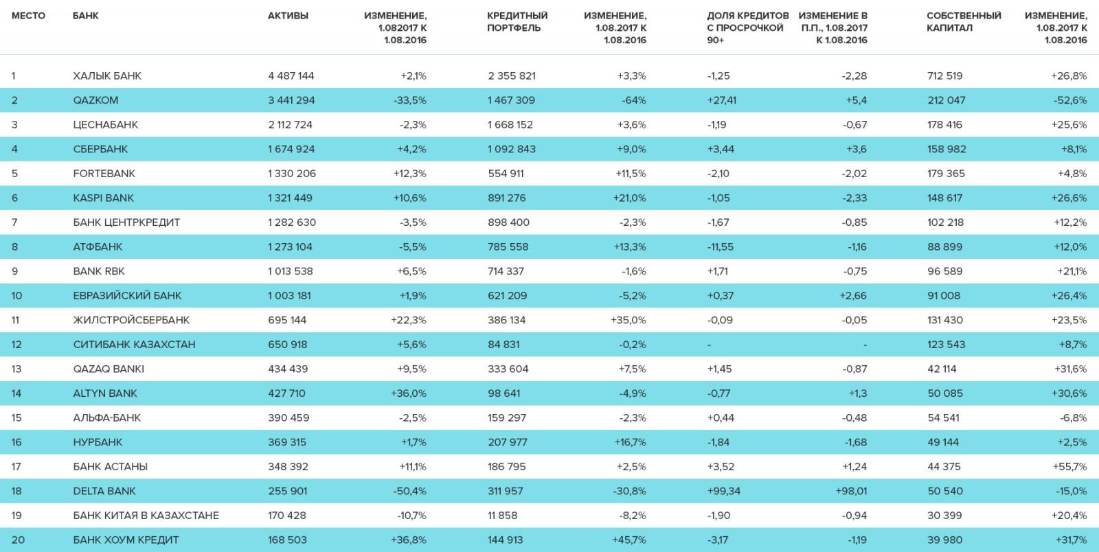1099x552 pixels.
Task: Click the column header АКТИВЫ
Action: click(288, 16)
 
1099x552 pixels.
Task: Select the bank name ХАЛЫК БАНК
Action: click(107, 76)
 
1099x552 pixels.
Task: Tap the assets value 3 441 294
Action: click(291, 100)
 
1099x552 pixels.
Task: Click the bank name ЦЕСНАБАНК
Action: click(106, 125)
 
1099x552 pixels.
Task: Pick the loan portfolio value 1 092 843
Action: click(512, 149)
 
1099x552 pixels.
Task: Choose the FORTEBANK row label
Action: click(104, 174)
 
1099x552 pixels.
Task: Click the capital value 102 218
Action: click(945, 222)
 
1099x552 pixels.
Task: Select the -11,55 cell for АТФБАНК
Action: click(721, 247)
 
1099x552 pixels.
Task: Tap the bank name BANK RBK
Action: click(99, 271)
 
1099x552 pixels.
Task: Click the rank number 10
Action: click(16, 296)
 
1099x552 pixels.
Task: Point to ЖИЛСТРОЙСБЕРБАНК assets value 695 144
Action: click(287, 320)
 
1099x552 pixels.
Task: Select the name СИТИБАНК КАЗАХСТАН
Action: click(134, 345)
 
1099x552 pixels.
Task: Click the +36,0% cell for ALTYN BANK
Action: click(409, 393)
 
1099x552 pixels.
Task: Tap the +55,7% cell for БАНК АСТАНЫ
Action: click(1069, 467)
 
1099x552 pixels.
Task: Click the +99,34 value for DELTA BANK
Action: click(724, 491)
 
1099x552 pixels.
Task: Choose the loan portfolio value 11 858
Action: click(502, 516)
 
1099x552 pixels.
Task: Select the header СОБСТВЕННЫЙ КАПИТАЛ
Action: click(964, 21)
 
